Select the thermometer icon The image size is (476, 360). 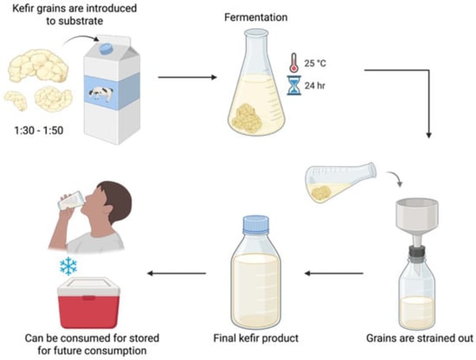pos(292,63)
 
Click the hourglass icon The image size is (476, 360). pos(292,86)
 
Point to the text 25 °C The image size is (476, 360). pos(317,64)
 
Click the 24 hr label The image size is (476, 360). pos(315,86)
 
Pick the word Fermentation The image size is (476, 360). pos(255,17)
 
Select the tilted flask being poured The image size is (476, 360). pos(339,181)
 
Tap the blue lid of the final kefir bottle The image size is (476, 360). pos(256,224)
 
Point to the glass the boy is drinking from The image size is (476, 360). pos(70,201)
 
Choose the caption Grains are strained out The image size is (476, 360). pos(419,339)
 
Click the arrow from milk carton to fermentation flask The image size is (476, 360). pos(187,77)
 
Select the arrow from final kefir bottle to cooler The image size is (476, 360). pos(177,273)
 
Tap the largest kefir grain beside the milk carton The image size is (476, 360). pos(39,65)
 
